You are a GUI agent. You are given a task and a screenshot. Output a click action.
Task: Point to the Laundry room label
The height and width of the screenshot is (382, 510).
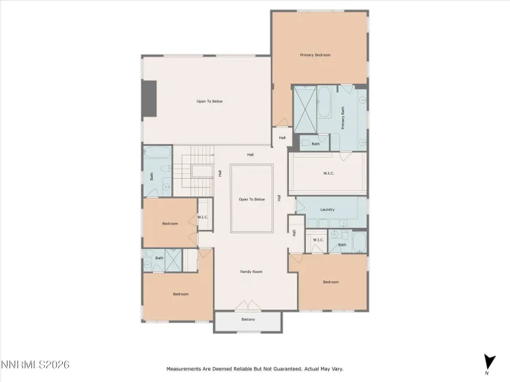327,209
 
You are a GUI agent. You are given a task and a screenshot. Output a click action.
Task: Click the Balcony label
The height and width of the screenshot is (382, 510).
248,319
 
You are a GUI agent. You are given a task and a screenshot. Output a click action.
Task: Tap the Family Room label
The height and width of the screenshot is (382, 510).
251,271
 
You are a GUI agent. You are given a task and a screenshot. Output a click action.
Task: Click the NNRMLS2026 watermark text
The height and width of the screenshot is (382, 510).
36,366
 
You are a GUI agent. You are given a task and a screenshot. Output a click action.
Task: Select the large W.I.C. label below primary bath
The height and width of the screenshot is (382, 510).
328,173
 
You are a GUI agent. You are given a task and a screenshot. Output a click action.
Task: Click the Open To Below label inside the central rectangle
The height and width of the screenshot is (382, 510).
251,199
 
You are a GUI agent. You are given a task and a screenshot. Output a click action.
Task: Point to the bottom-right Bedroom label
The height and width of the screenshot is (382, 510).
330,282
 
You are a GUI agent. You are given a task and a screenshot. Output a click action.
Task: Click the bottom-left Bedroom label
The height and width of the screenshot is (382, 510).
180,294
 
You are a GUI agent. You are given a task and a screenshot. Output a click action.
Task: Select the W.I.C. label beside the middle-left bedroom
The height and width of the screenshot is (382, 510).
203,218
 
